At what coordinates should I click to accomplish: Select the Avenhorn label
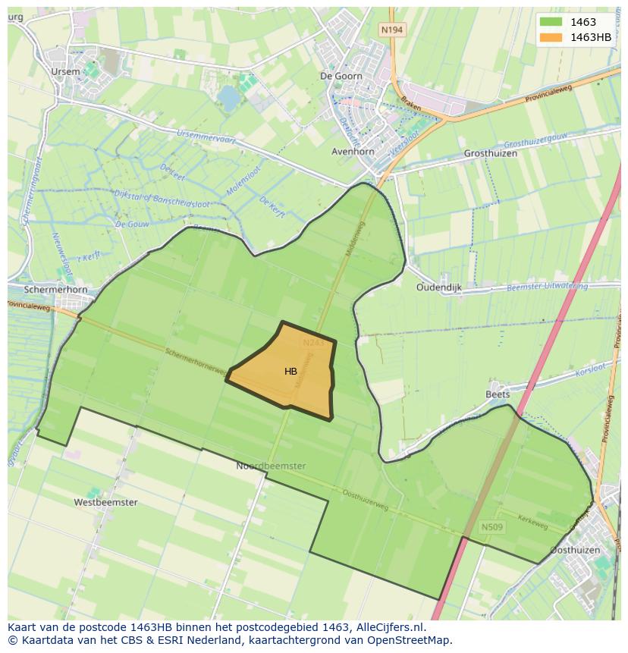point(353,152)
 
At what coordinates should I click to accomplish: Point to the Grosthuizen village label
point(490,153)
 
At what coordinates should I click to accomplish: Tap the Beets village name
point(498,394)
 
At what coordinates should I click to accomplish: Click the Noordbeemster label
point(271,466)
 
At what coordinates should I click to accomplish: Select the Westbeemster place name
point(105,502)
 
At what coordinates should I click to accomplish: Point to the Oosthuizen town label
point(575,550)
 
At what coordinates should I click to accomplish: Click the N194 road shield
point(392,30)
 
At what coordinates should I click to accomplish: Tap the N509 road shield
point(492,526)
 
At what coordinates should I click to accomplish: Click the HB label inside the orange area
point(290,372)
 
